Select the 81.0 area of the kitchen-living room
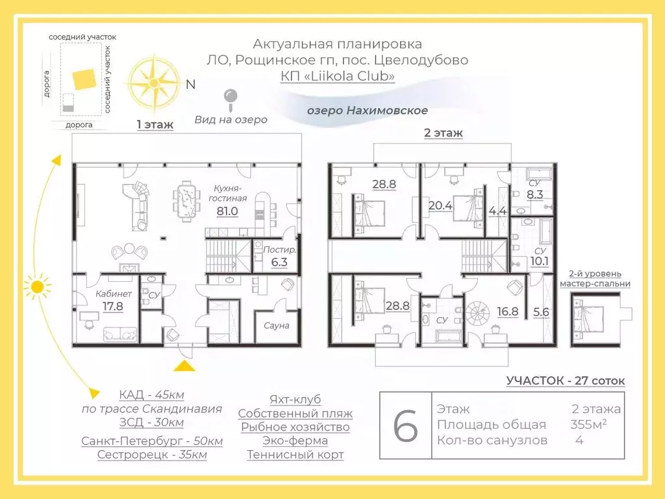pos(227,211)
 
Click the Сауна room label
pos(277,326)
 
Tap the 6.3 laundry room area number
pos(279,262)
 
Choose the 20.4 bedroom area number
pos(440,205)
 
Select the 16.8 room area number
pos(508,311)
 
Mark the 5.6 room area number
pos(540,311)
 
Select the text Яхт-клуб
pos(295,399)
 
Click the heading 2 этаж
pos(444,133)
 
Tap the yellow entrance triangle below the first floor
pos(185,365)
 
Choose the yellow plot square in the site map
pos(82,79)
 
